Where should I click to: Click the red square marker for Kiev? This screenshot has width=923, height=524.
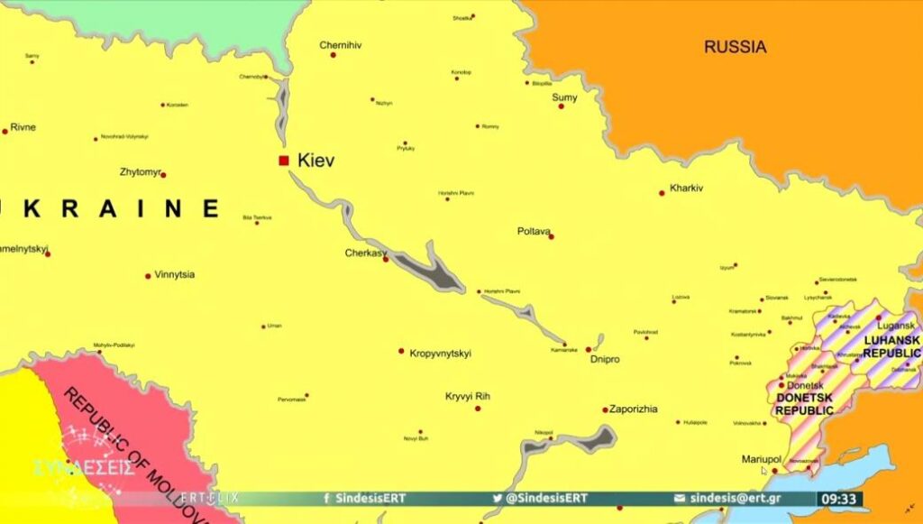(x=284, y=161)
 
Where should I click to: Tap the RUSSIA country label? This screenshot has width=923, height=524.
(x=735, y=47)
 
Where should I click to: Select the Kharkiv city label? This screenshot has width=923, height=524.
(x=686, y=188)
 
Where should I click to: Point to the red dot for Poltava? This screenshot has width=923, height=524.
(x=551, y=236)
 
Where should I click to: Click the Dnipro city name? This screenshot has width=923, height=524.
(x=604, y=359)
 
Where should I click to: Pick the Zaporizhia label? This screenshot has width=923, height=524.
(x=634, y=409)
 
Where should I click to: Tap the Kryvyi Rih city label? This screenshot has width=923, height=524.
(x=469, y=396)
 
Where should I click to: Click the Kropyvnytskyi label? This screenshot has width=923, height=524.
(x=440, y=353)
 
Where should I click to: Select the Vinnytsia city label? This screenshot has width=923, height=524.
(x=174, y=274)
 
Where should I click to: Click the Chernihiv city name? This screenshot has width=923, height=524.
(x=341, y=45)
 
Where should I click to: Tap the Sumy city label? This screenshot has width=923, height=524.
(x=564, y=97)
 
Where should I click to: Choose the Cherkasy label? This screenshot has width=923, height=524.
(x=365, y=253)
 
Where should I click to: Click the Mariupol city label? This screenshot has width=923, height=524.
(x=760, y=459)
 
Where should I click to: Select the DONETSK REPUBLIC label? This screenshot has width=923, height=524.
(x=804, y=404)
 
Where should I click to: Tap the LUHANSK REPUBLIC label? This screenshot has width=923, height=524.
(x=891, y=346)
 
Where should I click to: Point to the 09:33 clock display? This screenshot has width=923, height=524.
(x=839, y=499)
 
